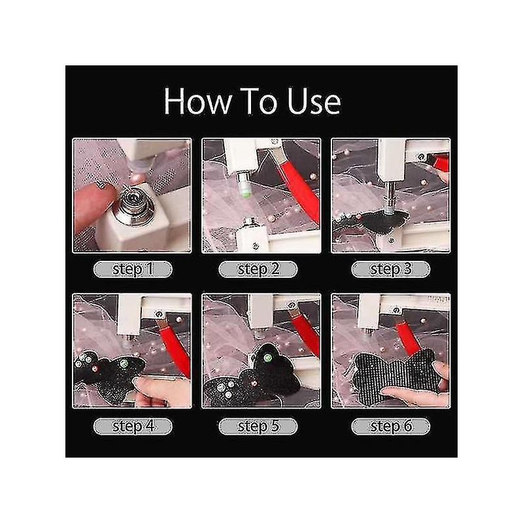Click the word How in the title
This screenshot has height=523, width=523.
coord(197,101)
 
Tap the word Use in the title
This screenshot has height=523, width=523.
coord(314,101)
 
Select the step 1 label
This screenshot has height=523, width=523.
coord(133,269)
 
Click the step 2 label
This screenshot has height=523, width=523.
coord(258,269)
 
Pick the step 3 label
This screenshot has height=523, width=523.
coord(390,269)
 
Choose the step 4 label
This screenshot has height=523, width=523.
coord(133,426)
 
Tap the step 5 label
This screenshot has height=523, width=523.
coord(258,426)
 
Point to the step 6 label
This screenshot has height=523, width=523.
coord(390,426)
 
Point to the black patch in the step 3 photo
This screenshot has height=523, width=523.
coord(384,221)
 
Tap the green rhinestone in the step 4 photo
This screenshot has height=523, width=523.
coord(124,363)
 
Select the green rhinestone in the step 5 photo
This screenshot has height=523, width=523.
coord(267,358)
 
